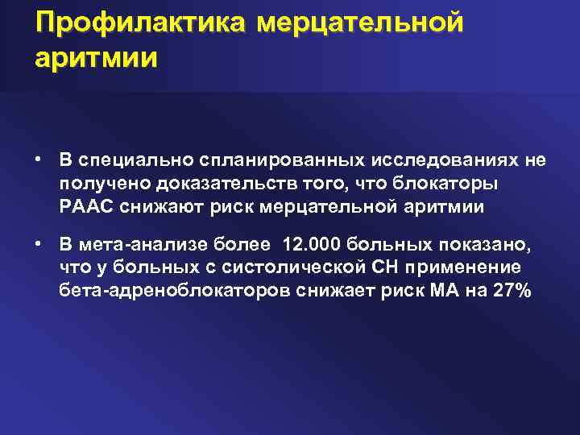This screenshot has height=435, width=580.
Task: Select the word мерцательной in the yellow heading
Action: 360,23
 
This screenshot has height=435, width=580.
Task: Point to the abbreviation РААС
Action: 85,207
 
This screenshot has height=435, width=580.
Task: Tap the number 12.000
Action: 299,245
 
